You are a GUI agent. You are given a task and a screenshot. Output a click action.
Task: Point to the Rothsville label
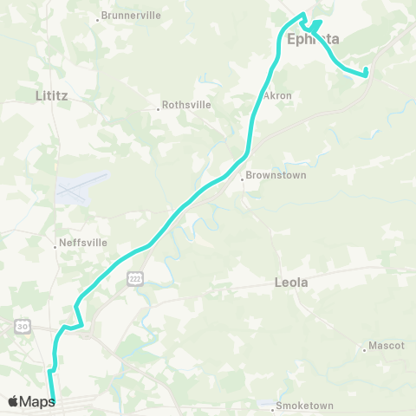[x=186, y=107]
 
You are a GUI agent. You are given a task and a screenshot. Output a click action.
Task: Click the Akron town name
[x=277, y=95]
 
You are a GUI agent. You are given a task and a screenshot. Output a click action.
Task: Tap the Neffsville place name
[x=83, y=243]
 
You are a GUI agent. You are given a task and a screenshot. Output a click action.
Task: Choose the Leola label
[x=291, y=283]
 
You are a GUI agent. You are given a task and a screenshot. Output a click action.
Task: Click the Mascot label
[x=387, y=345]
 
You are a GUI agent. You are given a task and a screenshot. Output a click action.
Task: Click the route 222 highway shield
[x=133, y=276]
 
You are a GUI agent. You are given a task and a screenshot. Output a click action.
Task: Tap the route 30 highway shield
[x=22, y=326]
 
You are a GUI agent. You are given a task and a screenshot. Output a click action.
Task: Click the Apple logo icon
[x=14, y=400]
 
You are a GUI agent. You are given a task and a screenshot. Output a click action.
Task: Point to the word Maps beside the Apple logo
[x=37, y=400]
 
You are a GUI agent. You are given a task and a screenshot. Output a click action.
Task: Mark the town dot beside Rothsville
[x=159, y=109]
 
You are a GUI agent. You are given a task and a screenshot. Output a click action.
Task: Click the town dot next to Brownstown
[x=243, y=179]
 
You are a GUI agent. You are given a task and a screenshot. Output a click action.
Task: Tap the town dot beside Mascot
[x=364, y=350]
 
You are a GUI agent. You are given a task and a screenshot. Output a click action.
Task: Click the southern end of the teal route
[x=53, y=401]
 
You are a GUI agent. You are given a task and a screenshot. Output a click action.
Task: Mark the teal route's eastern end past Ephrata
[x=366, y=71]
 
